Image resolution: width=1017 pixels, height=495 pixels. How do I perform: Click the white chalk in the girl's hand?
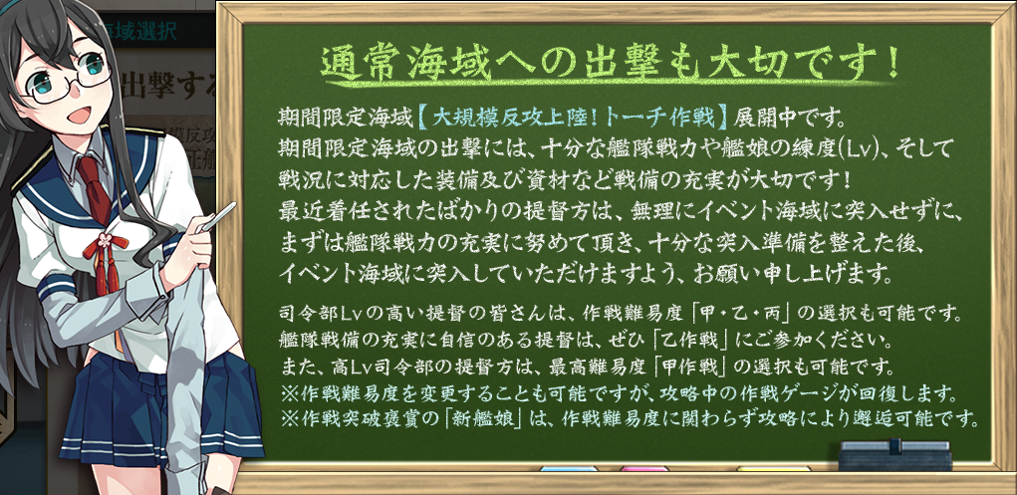coord(218,217)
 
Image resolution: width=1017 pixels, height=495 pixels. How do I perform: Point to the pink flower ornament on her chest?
coord(104,242)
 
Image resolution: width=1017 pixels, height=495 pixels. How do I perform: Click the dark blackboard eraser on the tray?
coord(895,455)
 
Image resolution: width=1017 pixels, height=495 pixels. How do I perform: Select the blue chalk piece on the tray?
coord(569,468)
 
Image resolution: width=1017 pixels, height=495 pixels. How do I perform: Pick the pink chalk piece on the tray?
coord(643,468)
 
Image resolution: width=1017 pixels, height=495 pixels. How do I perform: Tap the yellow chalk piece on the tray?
coord(773,468)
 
